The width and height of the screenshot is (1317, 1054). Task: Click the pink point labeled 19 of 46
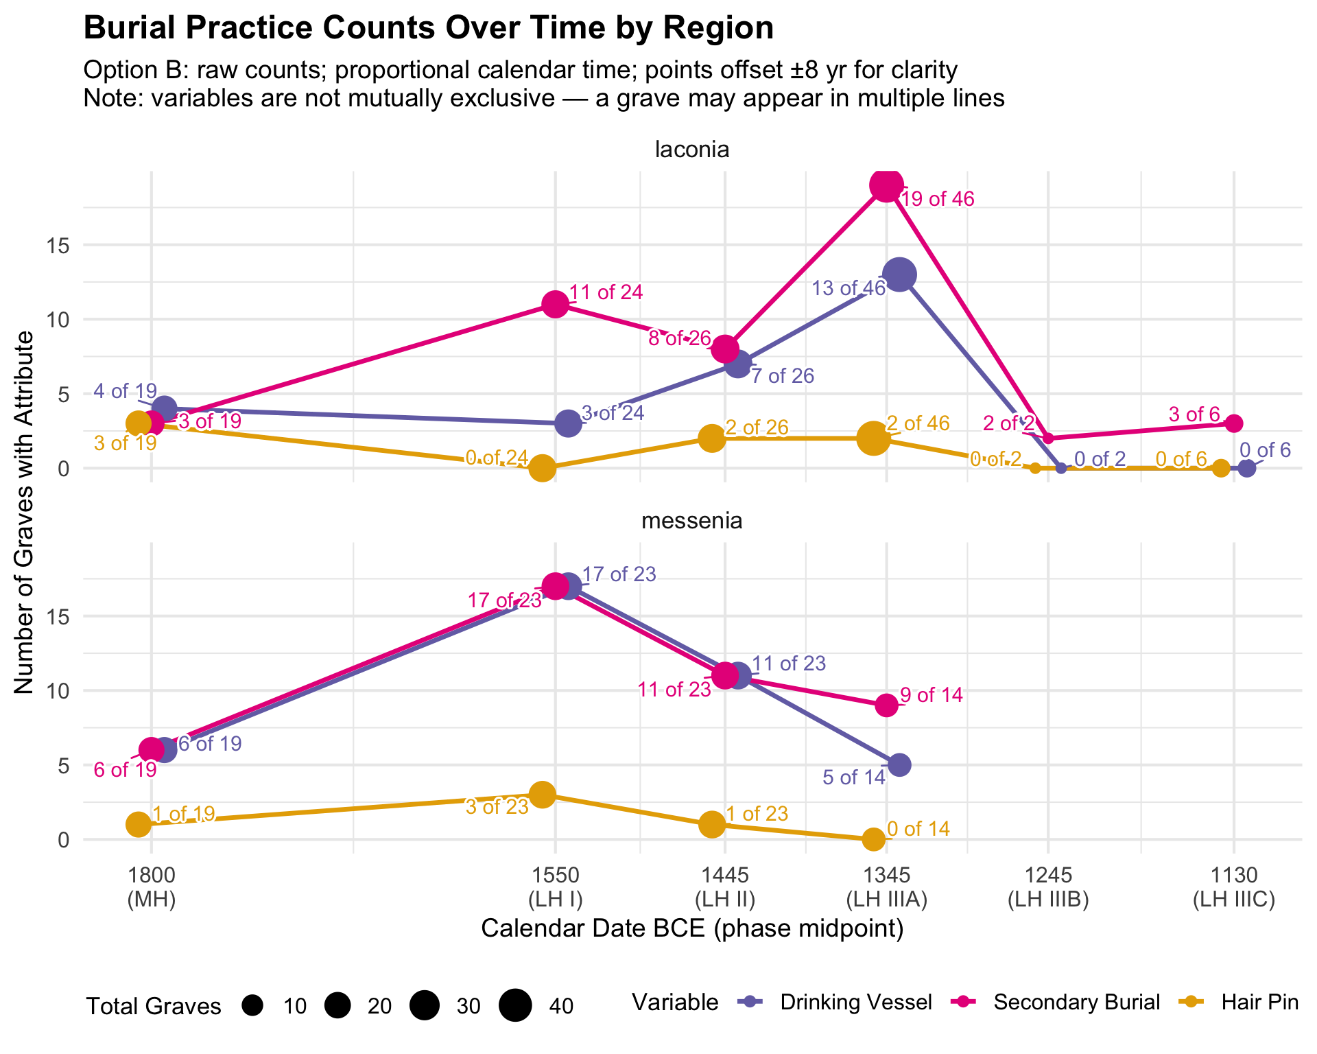pos(886,185)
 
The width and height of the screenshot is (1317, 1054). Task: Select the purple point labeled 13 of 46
pos(899,274)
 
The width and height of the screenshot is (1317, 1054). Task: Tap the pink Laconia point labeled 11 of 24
pos(555,304)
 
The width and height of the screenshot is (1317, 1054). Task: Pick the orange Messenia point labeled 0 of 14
pos(873,839)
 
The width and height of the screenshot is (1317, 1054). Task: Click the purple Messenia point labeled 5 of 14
pos(899,764)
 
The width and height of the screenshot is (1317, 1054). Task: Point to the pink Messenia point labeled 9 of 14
pos(886,705)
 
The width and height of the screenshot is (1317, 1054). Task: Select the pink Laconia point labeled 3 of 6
pos(1234,423)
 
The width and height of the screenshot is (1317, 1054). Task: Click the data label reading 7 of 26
pos(783,376)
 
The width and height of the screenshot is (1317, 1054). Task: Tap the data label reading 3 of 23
pos(497,807)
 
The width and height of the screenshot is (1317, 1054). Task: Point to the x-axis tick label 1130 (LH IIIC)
pos(1234,887)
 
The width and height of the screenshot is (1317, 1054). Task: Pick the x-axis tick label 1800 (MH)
pos(151,887)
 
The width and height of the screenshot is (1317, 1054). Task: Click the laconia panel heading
pos(691,150)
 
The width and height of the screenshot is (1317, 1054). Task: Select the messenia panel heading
pos(691,521)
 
